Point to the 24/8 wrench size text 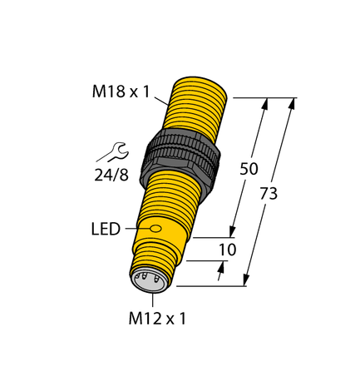tap(111, 174)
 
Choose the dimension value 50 tap(249, 168)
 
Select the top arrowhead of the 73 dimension tap(292, 104)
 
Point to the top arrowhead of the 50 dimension tap(266, 105)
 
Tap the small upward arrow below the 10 tap(221, 268)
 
